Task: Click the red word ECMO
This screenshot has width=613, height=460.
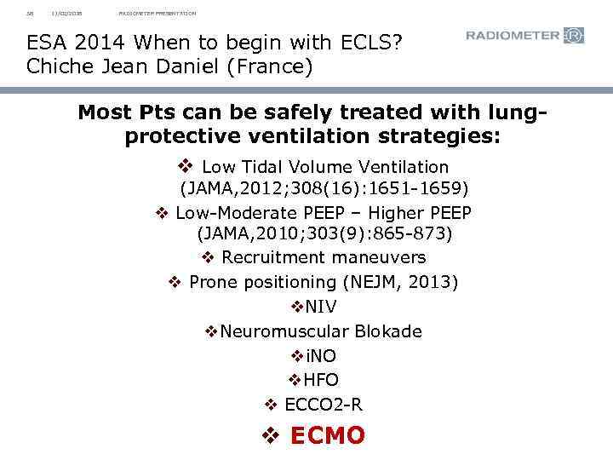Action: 328,436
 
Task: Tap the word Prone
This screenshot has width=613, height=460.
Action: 213,282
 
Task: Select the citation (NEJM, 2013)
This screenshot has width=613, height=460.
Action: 404,282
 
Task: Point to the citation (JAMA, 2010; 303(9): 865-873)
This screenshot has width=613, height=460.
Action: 324,233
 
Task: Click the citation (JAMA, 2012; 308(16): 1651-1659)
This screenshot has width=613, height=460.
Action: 324,187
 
